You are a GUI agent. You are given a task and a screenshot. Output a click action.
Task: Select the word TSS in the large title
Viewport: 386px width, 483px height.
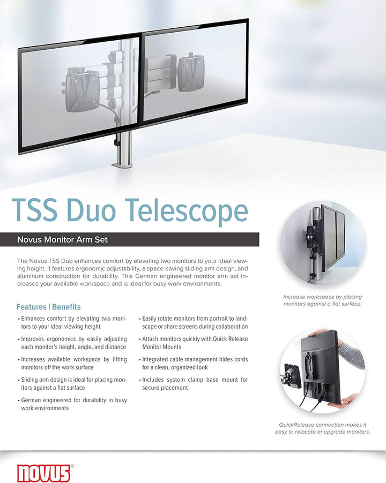pos(34,210)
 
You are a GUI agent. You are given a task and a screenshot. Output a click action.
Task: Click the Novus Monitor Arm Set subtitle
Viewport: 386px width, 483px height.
pos(62,239)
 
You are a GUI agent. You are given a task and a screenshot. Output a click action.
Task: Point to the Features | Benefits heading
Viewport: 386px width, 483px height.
pos(48,307)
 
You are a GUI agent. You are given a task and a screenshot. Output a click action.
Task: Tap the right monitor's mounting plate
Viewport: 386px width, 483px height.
pos(191,73)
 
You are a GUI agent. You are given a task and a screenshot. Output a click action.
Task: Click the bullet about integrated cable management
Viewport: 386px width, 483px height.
pos(194,363)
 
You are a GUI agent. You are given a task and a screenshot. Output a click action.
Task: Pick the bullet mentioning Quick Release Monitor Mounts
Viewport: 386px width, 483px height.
pos(194,343)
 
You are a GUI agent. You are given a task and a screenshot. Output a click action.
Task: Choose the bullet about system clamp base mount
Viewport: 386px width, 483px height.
pos(194,383)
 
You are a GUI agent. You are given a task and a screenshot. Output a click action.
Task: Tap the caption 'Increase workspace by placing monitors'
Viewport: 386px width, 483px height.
pos(322,300)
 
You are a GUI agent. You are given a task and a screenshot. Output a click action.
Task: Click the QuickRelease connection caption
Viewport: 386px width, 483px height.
pos(322,428)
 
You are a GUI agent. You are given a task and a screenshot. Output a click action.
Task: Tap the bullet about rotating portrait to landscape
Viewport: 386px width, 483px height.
pos(194,322)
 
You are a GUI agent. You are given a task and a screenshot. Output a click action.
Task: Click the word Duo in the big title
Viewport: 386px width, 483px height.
pos(91,210)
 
